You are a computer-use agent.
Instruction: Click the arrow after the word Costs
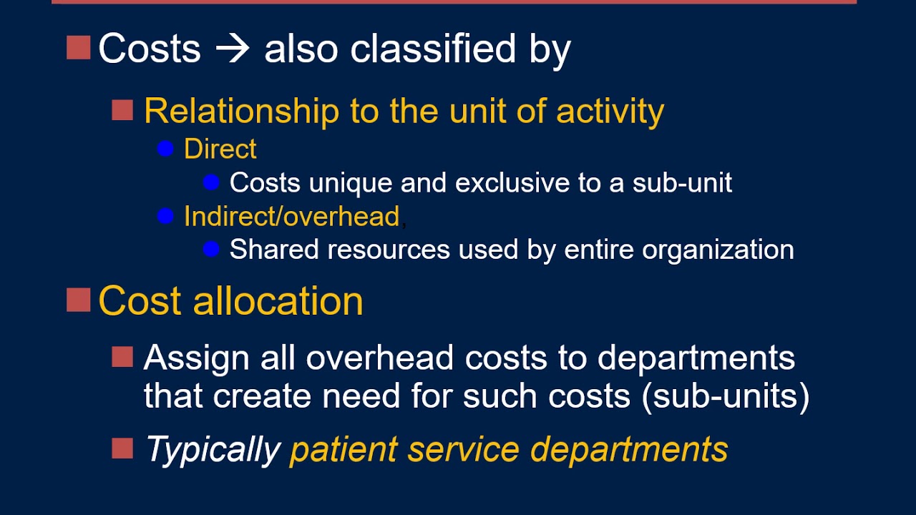click(x=233, y=49)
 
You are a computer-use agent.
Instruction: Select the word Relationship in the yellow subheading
click(x=241, y=111)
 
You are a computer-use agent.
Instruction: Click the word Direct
click(x=220, y=149)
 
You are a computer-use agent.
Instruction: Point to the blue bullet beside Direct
click(x=165, y=149)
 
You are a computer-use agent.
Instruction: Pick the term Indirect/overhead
click(x=291, y=216)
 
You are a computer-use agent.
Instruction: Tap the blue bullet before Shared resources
click(x=211, y=249)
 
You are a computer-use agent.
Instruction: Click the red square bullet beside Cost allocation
click(x=78, y=300)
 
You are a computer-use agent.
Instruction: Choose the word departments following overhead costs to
click(x=696, y=358)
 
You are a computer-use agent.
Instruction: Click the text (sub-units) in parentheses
click(x=726, y=396)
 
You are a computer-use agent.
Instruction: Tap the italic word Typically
click(x=213, y=449)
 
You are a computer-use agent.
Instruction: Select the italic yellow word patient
click(x=344, y=449)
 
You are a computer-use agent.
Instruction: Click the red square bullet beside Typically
click(x=122, y=448)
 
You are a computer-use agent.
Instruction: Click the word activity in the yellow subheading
click(x=610, y=111)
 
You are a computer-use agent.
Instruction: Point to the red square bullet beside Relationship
click(x=122, y=110)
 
